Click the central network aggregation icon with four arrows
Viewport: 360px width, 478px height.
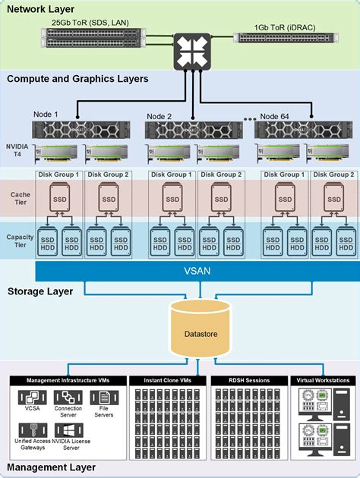(x=192, y=52)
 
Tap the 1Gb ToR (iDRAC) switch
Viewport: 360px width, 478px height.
(x=286, y=38)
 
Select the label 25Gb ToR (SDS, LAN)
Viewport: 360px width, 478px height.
(x=90, y=23)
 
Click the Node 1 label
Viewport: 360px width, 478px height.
(x=46, y=115)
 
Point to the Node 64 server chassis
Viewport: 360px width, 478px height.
(x=303, y=130)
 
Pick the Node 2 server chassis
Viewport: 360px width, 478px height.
(x=194, y=130)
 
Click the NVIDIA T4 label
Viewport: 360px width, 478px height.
(x=17, y=150)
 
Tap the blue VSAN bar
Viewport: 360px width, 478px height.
(x=197, y=271)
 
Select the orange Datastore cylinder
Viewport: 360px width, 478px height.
(x=201, y=329)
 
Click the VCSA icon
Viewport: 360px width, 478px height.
(x=32, y=398)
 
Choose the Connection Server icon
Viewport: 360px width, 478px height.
(x=68, y=398)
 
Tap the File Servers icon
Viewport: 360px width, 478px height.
(x=104, y=398)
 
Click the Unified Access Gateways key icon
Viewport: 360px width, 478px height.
(x=33, y=430)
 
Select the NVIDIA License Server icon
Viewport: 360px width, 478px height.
(x=68, y=430)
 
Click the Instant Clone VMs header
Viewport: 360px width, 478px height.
(x=168, y=380)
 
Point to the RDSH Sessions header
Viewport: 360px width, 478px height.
(x=249, y=380)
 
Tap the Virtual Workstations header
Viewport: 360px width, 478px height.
(x=323, y=380)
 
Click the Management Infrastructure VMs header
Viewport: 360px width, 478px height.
(x=68, y=380)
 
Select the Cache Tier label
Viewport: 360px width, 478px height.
(x=21, y=198)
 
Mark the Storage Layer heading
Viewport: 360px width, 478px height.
(x=40, y=291)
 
